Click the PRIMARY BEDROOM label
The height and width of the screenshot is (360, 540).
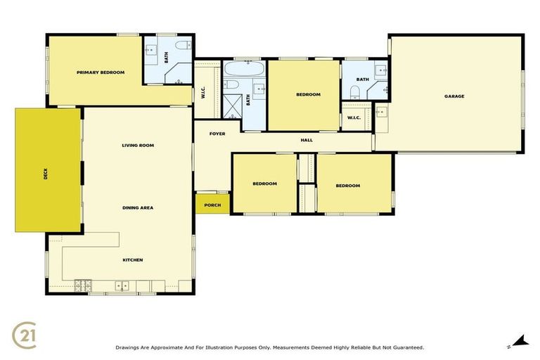[101, 72]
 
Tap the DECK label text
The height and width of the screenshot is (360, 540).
[46, 172]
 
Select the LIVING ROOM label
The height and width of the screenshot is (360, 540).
[137, 146]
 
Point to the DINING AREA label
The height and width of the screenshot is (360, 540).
[137, 207]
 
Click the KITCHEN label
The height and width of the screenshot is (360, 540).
[133, 259]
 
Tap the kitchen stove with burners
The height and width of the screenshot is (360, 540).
[83, 285]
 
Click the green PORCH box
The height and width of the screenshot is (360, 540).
[212, 205]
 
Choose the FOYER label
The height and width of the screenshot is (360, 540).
[217, 133]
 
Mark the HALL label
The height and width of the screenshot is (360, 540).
[307, 140]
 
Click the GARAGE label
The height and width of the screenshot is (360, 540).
[454, 96]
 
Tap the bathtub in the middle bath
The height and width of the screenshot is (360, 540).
[245, 71]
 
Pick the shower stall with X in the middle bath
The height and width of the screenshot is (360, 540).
[232, 105]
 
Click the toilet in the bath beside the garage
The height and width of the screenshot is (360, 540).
[354, 91]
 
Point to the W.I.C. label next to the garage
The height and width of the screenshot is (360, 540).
[354, 117]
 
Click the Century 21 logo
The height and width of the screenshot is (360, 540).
[25, 335]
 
